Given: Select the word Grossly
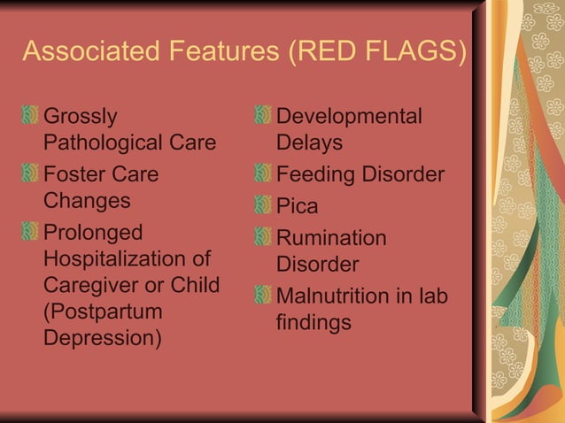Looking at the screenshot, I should click(x=80, y=116).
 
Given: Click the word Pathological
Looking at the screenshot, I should click(x=96, y=142).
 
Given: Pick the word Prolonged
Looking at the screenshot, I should click(x=93, y=233).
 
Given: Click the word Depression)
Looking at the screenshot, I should click(x=103, y=339).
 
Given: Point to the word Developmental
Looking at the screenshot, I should click(x=349, y=116).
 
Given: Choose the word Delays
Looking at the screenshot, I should click(x=309, y=142).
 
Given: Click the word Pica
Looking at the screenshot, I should click(x=297, y=206).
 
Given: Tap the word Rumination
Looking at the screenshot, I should click(x=331, y=238).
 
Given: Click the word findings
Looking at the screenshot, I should click(x=313, y=323).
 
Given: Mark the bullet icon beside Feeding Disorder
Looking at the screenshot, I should click(x=262, y=174).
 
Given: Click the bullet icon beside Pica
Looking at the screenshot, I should click(x=262, y=206).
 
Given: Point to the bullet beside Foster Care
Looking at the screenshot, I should click(x=30, y=174).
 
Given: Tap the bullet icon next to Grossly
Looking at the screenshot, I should click(x=30, y=116).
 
